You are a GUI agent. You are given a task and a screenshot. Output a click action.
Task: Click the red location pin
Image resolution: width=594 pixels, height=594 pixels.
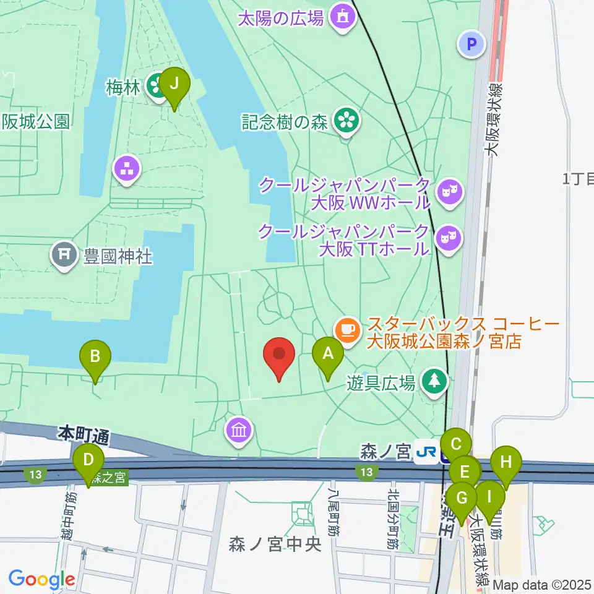[278, 356]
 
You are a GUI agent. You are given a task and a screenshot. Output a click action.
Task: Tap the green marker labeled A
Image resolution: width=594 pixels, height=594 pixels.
[327, 356]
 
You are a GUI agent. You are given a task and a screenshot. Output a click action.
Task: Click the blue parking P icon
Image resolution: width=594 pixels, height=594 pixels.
[471, 44]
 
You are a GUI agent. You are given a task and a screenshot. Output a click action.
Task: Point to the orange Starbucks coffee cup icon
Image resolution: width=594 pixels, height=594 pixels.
[348, 328]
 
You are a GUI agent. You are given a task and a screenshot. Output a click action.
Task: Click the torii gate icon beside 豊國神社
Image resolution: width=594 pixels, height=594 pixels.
[64, 255]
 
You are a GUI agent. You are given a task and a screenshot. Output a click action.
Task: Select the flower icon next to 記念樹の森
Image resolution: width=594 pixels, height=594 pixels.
[346, 120]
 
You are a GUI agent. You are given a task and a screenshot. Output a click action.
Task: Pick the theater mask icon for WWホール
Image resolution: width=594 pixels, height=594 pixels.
[449, 191]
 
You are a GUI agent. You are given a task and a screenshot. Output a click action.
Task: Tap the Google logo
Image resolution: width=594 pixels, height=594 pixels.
[41, 579]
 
